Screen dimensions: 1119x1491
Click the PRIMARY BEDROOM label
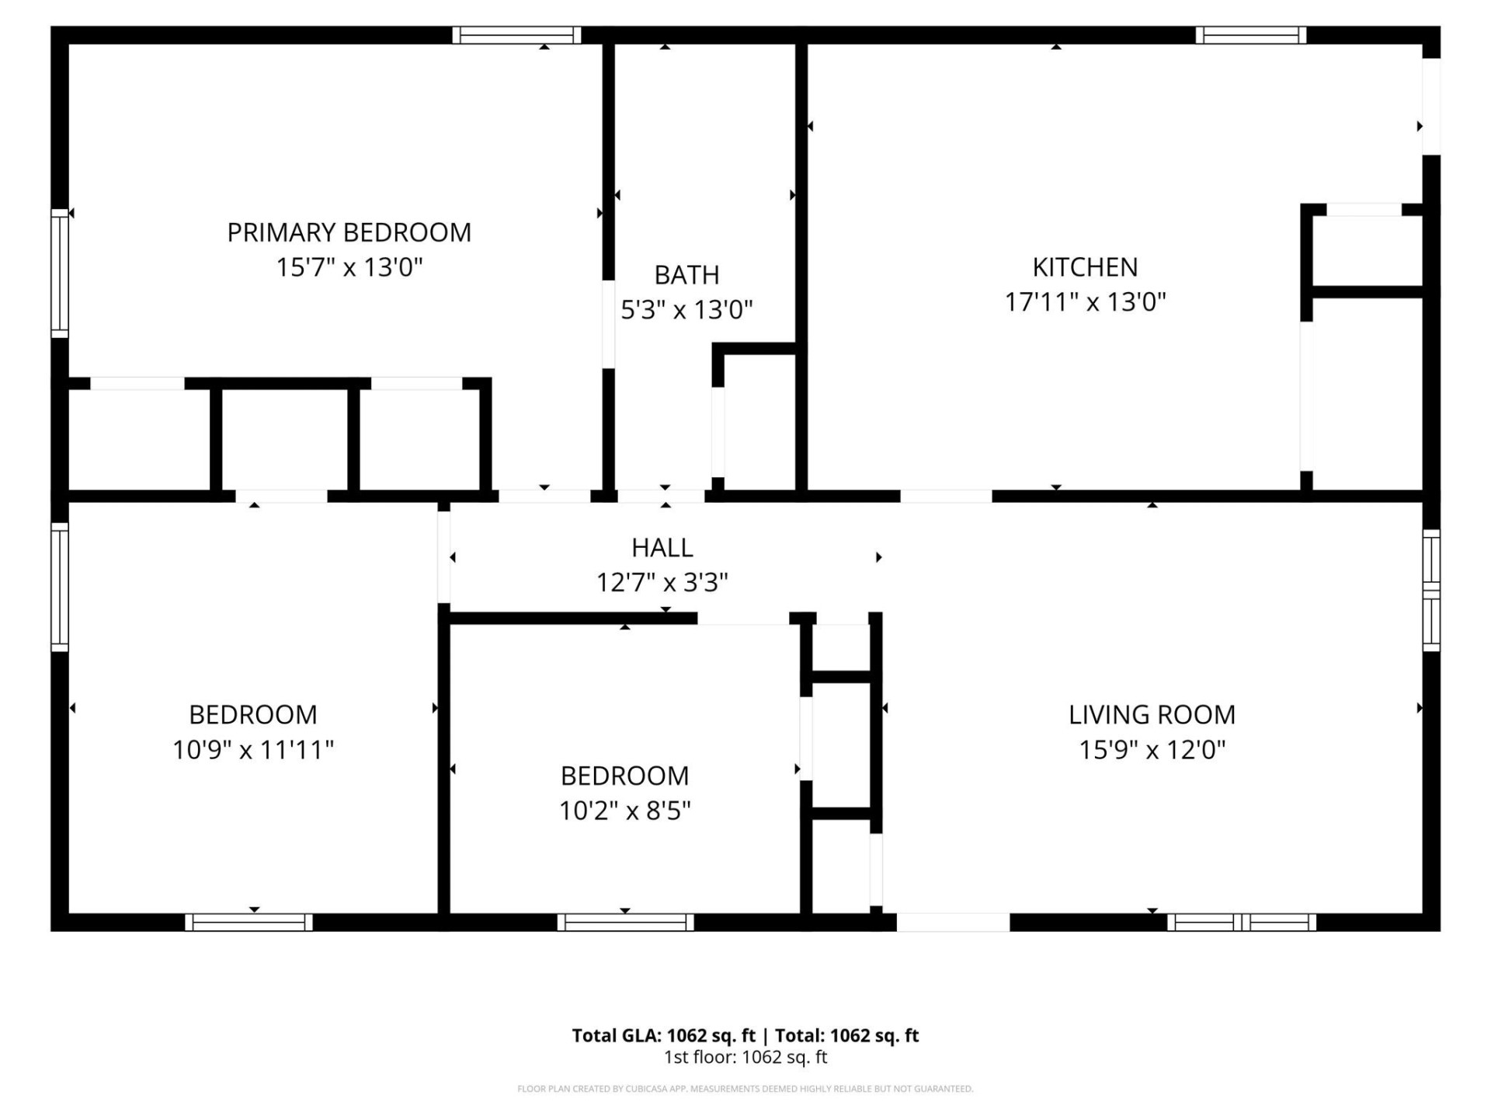(349, 232)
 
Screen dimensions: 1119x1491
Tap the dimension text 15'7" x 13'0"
(349, 267)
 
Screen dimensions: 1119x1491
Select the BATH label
(686, 275)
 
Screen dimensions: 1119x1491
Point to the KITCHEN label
(1085, 267)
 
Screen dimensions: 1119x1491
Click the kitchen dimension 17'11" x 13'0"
(1085, 302)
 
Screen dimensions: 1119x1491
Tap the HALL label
(662, 548)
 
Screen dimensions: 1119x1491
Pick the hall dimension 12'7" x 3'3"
(662, 582)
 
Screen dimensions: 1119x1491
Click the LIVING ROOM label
(1152, 715)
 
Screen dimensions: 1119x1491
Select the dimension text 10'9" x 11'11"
(252, 750)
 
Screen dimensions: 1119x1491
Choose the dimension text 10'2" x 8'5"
(624, 810)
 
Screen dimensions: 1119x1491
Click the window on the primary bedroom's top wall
(516, 35)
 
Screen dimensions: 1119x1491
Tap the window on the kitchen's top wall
(1250, 35)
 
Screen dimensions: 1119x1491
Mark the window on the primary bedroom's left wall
(60, 273)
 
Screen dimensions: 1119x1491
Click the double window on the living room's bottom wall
(1241, 922)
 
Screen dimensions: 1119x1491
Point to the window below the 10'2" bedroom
(625, 922)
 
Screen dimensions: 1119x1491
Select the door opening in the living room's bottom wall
(953, 922)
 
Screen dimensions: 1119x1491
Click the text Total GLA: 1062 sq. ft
(663, 1035)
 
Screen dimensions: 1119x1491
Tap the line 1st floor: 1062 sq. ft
(745, 1057)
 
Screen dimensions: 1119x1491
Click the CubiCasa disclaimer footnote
(745, 1089)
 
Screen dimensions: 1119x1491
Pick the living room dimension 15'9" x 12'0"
(1152, 750)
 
